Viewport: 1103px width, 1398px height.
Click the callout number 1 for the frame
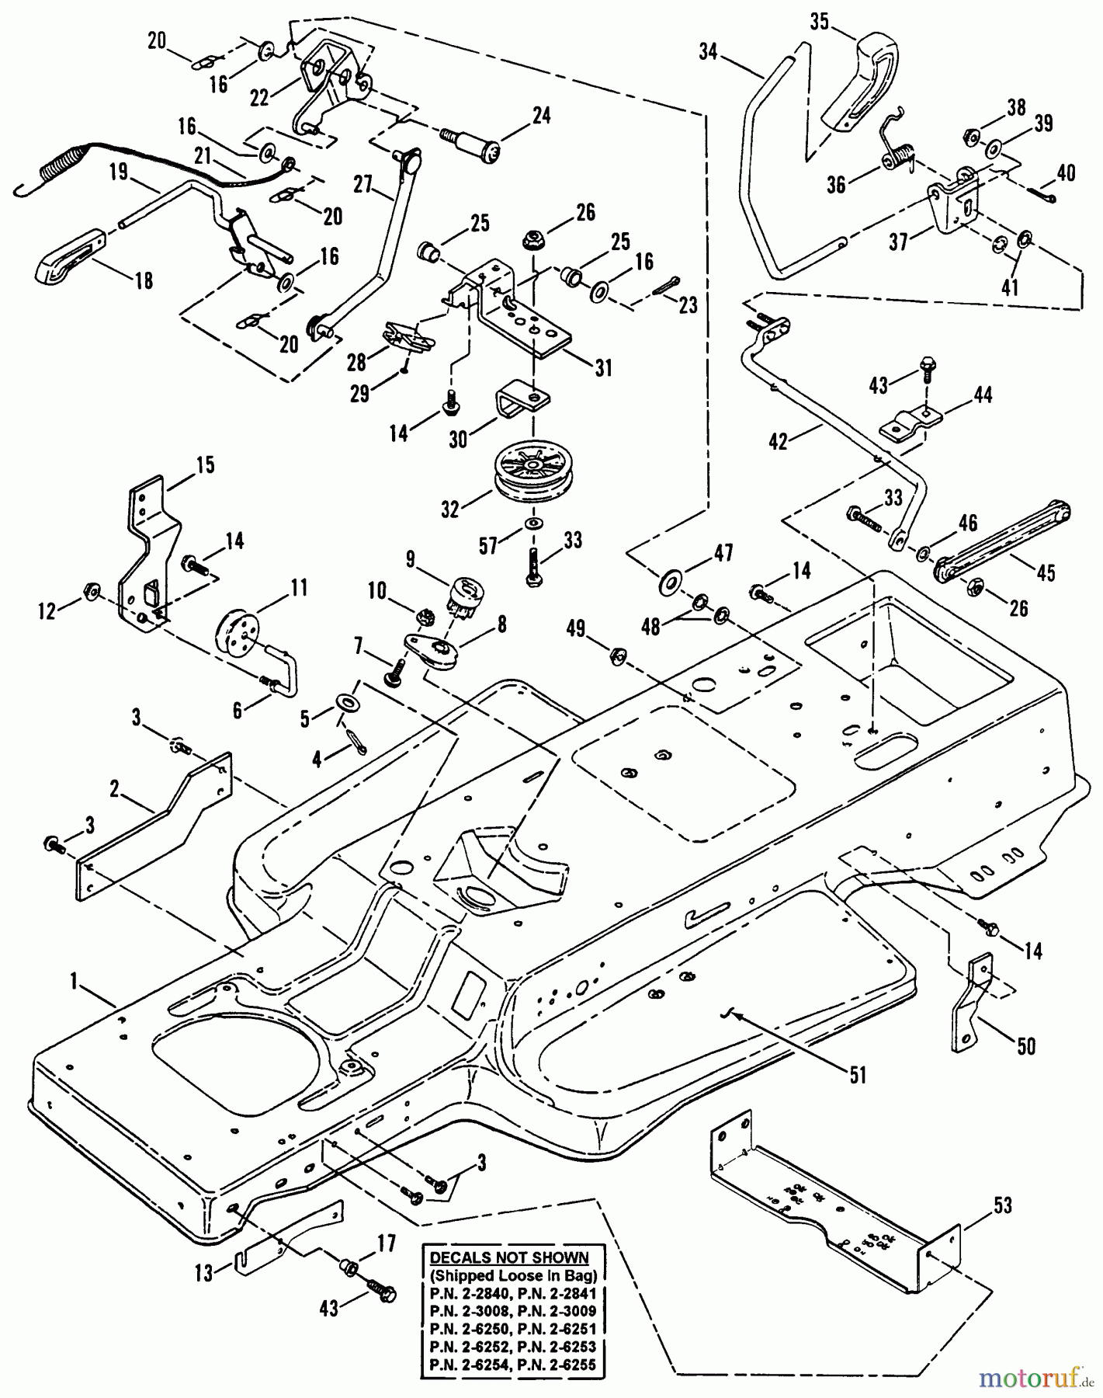tap(75, 983)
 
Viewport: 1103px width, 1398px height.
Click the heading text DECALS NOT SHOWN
tap(509, 1258)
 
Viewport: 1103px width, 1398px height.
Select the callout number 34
tap(708, 53)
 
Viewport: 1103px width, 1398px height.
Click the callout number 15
tap(205, 465)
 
